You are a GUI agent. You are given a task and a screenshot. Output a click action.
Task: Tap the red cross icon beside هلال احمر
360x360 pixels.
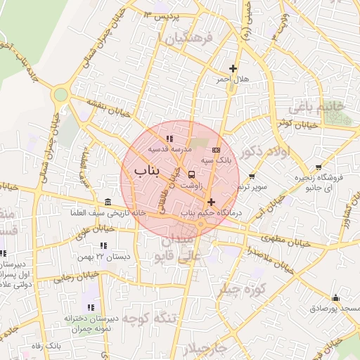(233, 68)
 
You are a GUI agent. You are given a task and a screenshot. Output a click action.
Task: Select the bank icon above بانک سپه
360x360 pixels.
(216, 150)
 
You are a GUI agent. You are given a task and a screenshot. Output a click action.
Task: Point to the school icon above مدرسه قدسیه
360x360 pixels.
(169, 139)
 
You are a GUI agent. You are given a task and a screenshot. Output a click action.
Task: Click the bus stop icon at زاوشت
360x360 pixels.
(192, 175)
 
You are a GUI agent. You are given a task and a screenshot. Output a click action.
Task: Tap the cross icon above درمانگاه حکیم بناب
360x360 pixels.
(210, 202)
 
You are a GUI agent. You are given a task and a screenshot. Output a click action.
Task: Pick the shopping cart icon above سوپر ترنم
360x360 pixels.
(252, 176)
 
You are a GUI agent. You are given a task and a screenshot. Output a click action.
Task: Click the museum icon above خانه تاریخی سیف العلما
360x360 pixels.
(107, 202)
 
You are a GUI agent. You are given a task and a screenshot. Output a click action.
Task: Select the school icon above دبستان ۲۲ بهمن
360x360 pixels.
(103, 246)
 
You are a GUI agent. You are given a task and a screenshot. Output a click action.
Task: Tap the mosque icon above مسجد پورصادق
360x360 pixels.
(335, 297)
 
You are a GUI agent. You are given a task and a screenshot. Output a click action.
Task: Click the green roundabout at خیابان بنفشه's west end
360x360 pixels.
(60, 94)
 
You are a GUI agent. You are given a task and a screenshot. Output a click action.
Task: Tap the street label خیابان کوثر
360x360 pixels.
(294, 124)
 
